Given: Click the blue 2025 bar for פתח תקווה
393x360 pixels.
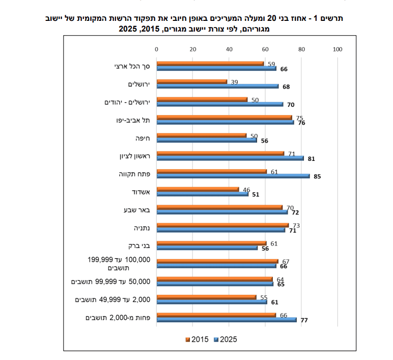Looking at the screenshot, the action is coord(233,176).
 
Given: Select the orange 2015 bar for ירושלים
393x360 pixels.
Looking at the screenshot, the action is coord(192,82).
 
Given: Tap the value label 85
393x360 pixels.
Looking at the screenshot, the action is coord(317,177).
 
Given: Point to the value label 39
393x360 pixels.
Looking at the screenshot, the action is coord(234,82).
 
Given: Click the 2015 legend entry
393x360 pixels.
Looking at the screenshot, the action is coord(197,340).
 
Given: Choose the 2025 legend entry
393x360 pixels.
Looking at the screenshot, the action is coord(226,340).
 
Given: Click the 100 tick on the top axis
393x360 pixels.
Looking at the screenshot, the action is coord(338,49).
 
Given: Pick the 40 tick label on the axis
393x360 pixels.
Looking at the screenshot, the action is coord(229,49).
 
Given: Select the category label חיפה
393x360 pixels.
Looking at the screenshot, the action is coord(143,139).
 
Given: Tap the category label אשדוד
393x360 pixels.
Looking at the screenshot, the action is coord(141,192).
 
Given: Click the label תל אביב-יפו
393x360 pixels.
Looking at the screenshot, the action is coord(133,120).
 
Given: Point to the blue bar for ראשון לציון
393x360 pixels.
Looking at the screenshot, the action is coord(230,158).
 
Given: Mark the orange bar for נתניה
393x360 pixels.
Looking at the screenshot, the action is coord(223,225).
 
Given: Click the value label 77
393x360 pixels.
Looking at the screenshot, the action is coord(304,320).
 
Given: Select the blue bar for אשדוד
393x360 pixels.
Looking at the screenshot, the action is coord(203,194).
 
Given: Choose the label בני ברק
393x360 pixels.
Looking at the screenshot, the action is coord(139,246).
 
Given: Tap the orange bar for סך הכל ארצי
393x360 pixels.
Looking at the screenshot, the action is coord(210,64).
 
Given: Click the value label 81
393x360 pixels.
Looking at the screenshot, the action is coord(311,159).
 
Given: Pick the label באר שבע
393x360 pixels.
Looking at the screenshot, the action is coord(137,210).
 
